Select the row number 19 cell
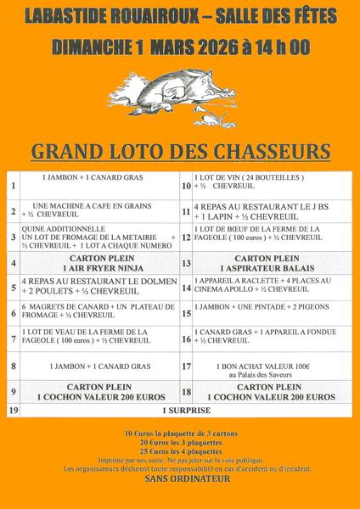(12, 411)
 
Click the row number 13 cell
(186, 264)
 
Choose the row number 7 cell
(13, 338)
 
